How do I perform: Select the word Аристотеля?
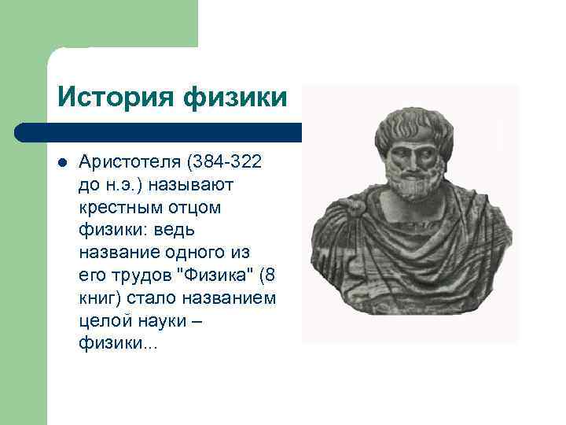(x=129, y=162)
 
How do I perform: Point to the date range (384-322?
(x=225, y=162)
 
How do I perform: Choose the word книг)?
(x=99, y=299)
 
